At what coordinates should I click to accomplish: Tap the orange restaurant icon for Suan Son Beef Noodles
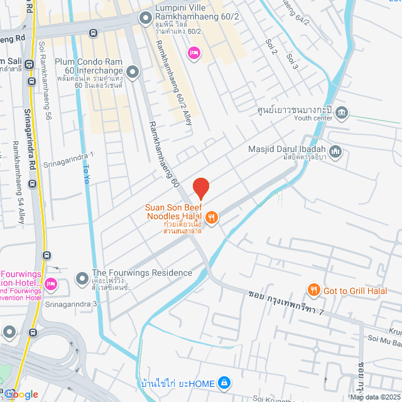[x=212, y=217]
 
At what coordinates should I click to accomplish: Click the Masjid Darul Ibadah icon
[x=336, y=151]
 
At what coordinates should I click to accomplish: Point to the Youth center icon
[x=342, y=113]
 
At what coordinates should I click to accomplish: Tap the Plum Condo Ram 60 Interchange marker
[x=133, y=72]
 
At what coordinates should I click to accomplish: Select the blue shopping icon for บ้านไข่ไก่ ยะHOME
[x=224, y=383]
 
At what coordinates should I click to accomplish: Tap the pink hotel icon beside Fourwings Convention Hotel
[x=51, y=284]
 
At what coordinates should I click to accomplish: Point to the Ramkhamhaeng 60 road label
[x=164, y=154]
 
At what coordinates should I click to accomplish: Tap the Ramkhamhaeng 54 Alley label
[x=18, y=182]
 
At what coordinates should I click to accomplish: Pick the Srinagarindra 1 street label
[x=68, y=159]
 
